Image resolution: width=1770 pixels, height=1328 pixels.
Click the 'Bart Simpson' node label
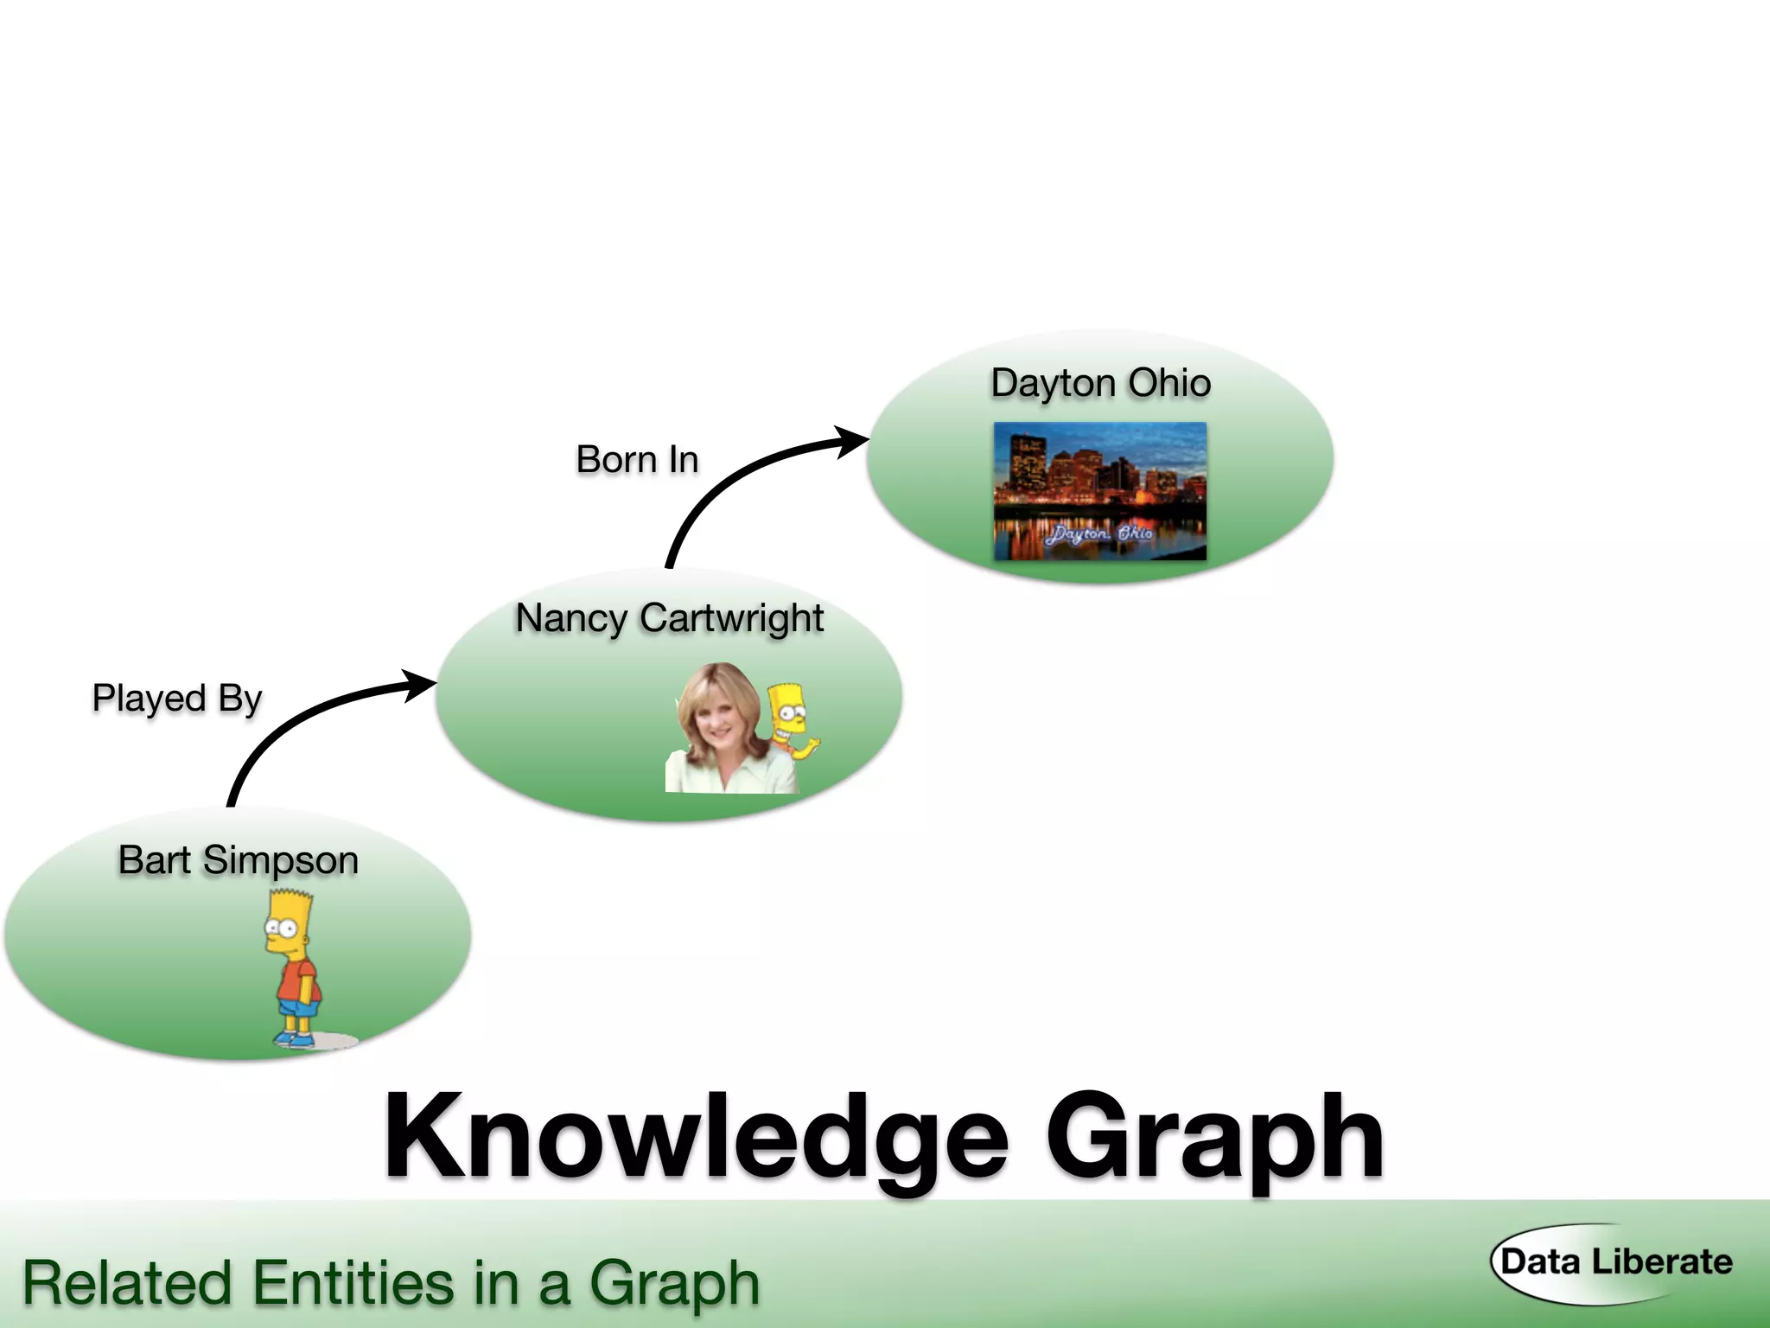click(x=238, y=860)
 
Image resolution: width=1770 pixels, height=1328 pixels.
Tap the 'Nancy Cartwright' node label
click(x=669, y=618)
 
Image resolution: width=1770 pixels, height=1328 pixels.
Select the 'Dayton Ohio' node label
click(x=1100, y=383)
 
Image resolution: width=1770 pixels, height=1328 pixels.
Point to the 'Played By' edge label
click(x=176, y=698)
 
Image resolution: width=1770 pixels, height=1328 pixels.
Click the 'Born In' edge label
click(x=637, y=459)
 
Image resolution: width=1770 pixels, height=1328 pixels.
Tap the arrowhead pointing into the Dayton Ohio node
click(x=853, y=441)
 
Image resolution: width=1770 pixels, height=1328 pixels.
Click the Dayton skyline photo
click(x=1099, y=489)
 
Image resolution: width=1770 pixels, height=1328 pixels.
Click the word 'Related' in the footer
click(x=127, y=1282)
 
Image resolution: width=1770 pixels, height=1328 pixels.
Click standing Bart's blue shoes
click(x=294, y=1039)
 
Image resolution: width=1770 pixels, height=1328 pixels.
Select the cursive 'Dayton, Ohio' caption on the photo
click(x=1098, y=533)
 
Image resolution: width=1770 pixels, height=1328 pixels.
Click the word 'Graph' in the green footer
click(x=674, y=1284)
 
